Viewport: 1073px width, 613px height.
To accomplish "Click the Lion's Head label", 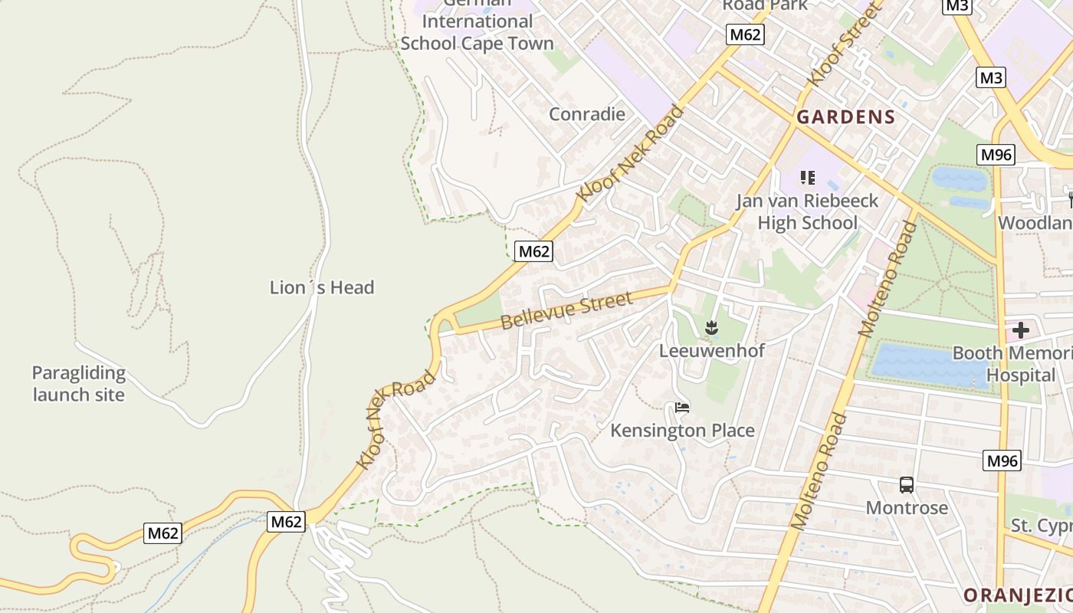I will [x=322, y=288].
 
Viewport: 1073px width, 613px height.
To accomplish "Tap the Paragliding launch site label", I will [x=78, y=384].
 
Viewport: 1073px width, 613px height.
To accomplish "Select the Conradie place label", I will [x=587, y=115].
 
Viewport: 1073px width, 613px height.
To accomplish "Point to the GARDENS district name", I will [x=845, y=117].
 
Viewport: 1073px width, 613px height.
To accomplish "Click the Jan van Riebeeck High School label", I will [x=807, y=212].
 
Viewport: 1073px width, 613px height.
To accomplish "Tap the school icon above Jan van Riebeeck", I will [x=807, y=179].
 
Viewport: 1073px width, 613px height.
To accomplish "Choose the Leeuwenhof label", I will [x=712, y=351].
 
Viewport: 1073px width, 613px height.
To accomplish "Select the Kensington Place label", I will [x=682, y=431].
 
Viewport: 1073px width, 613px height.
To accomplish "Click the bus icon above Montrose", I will [x=907, y=485].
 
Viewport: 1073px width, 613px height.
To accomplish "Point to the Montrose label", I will [x=907, y=508].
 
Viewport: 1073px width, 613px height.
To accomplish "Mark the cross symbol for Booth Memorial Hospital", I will [x=1020, y=331].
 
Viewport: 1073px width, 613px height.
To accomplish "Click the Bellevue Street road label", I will [x=567, y=310].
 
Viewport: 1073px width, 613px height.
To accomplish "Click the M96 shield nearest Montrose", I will [x=1002, y=461].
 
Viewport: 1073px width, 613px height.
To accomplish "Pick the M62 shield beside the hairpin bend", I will [x=162, y=533].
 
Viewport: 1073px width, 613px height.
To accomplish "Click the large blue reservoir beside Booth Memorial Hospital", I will [x=927, y=366].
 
